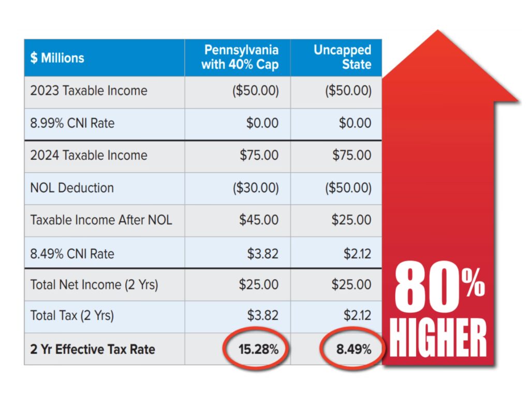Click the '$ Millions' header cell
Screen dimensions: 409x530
coord(57,58)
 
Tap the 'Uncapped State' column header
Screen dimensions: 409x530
coord(342,57)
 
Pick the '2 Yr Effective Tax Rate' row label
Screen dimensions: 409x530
coord(92,350)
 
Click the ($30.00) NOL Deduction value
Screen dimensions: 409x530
coord(256,188)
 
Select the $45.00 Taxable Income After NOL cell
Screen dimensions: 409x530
coord(259,220)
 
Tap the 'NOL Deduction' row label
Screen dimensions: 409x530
coord(72,188)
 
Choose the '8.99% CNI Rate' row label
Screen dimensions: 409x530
coord(72,123)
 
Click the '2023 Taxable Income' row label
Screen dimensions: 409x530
coord(89,90)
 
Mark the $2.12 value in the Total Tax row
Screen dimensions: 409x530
coord(357,315)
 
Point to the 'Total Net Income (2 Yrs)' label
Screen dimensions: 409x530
coord(94,284)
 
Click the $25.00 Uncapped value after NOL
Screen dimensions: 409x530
coord(351,220)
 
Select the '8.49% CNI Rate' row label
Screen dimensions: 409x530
coord(72,253)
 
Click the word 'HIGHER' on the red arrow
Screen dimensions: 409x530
coord(438,338)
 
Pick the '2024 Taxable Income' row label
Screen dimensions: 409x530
coord(89,155)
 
